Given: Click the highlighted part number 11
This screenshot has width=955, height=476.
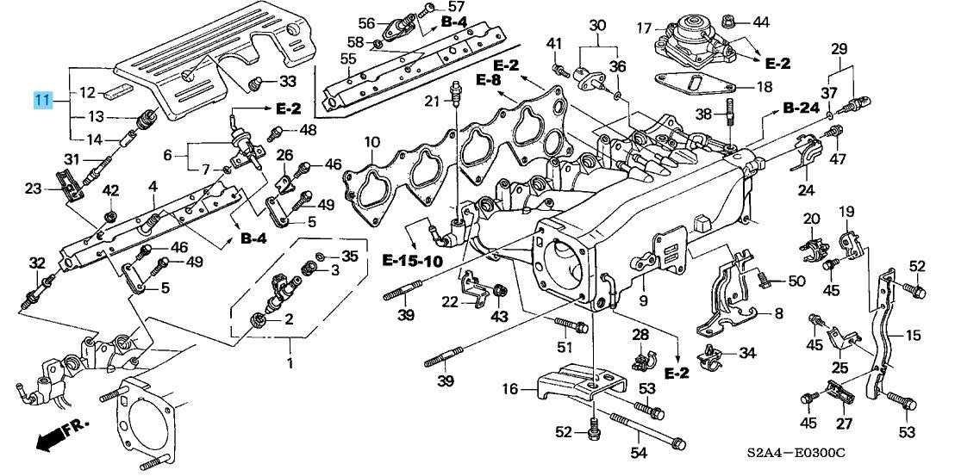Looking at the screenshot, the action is (x=42, y=100).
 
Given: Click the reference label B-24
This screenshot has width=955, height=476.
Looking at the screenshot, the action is (x=801, y=109).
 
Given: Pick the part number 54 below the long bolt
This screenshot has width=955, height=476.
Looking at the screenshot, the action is (x=639, y=452).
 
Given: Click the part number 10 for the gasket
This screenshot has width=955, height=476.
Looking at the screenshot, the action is (x=371, y=144).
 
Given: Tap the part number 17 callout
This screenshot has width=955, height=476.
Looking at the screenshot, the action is (x=645, y=28).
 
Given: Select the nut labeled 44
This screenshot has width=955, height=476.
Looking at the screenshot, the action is (x=727, y=22).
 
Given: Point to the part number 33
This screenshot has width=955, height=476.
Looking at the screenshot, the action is (x=288, y=81).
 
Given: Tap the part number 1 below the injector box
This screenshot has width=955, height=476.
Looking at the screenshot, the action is (x=290, y=363).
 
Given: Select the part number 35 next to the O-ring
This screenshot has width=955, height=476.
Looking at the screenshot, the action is (x=350, y=256).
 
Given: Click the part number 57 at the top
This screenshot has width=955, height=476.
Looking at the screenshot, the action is (x=456, y=7).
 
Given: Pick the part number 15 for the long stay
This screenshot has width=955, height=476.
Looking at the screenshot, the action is (x=914, y=336).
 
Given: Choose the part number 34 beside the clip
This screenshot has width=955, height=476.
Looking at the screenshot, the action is (x=746, y=353).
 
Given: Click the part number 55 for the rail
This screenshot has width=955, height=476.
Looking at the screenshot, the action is (x=347, y=59).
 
